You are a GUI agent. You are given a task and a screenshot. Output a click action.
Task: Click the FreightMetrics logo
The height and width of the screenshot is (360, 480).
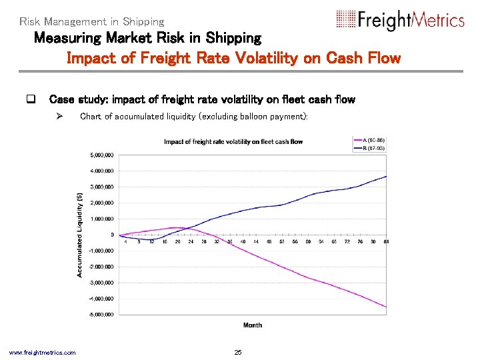(x=399, y=20)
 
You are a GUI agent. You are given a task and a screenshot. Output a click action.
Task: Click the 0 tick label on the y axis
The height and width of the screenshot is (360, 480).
(x=112, y=235)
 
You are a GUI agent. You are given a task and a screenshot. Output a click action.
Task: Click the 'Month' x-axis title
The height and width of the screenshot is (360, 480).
(x=253, y=325)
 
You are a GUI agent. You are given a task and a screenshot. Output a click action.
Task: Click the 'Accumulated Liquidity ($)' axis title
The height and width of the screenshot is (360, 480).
(x=80, y=235)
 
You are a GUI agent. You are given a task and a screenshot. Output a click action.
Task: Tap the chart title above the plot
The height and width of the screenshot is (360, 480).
(x=233, y=141)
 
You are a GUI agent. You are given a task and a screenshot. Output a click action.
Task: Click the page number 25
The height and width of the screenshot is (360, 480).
(x=239, y=352)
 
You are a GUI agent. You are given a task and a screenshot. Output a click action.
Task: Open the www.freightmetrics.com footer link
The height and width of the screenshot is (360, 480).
(x=42, y=352)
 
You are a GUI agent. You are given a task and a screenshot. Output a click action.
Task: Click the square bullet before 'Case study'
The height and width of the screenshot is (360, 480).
(x=30, y=100)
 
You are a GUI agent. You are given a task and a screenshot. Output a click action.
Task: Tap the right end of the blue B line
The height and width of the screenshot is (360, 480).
(x=387, y=176)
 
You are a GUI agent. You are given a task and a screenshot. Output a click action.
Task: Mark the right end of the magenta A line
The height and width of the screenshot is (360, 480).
(x=387, y=307)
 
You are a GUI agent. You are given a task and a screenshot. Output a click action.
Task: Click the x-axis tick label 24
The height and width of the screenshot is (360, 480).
(x=190, y=241)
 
